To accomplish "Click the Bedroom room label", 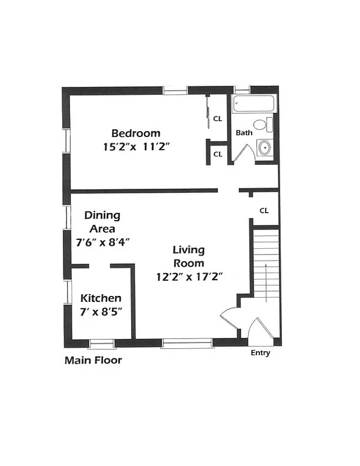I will coord(136,133).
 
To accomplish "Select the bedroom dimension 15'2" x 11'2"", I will coord(136,147).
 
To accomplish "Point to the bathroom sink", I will coord(264,147).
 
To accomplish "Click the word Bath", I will coord(244,133).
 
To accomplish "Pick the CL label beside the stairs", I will coord(264,210).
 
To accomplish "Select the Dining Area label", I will coord(102,221).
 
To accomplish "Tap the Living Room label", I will coord(189,256).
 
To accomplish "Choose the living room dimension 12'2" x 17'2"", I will coord(190,277).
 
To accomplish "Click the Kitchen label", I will coord(101,298).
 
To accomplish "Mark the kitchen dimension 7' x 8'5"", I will coord(101,312).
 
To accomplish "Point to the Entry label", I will coord(260,353).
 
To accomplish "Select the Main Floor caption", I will coord(93,360).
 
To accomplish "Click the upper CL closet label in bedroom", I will coord(217,119).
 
